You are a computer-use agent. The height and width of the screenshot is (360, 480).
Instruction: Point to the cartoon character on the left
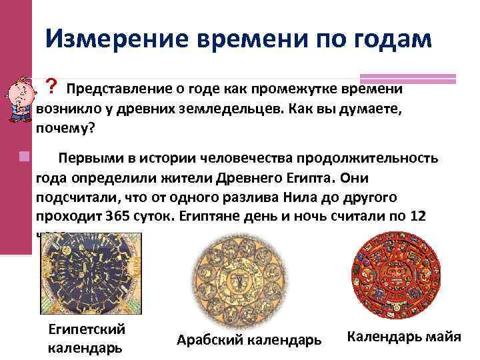(16, 100)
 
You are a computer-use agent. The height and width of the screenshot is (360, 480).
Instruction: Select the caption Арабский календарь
(249, 339)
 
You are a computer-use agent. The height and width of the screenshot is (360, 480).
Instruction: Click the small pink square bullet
(25, 157)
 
